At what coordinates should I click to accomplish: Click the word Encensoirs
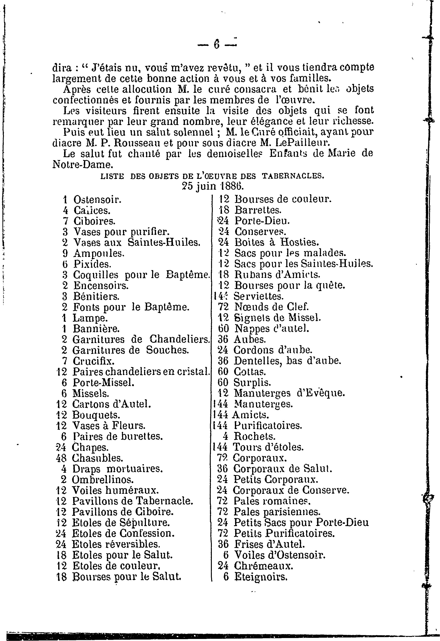click(x=101, y=285)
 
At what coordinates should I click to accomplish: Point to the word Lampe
click(x=90, y=318)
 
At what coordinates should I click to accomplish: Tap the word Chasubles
click(x=97, y=458)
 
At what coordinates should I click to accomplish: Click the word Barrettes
click(x=258, y=210)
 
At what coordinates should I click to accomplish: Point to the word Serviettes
click(x=259, y=297)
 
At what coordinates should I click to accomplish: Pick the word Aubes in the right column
click(x=246, y=339)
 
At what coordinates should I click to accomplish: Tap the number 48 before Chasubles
click(x=61, y=458)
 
